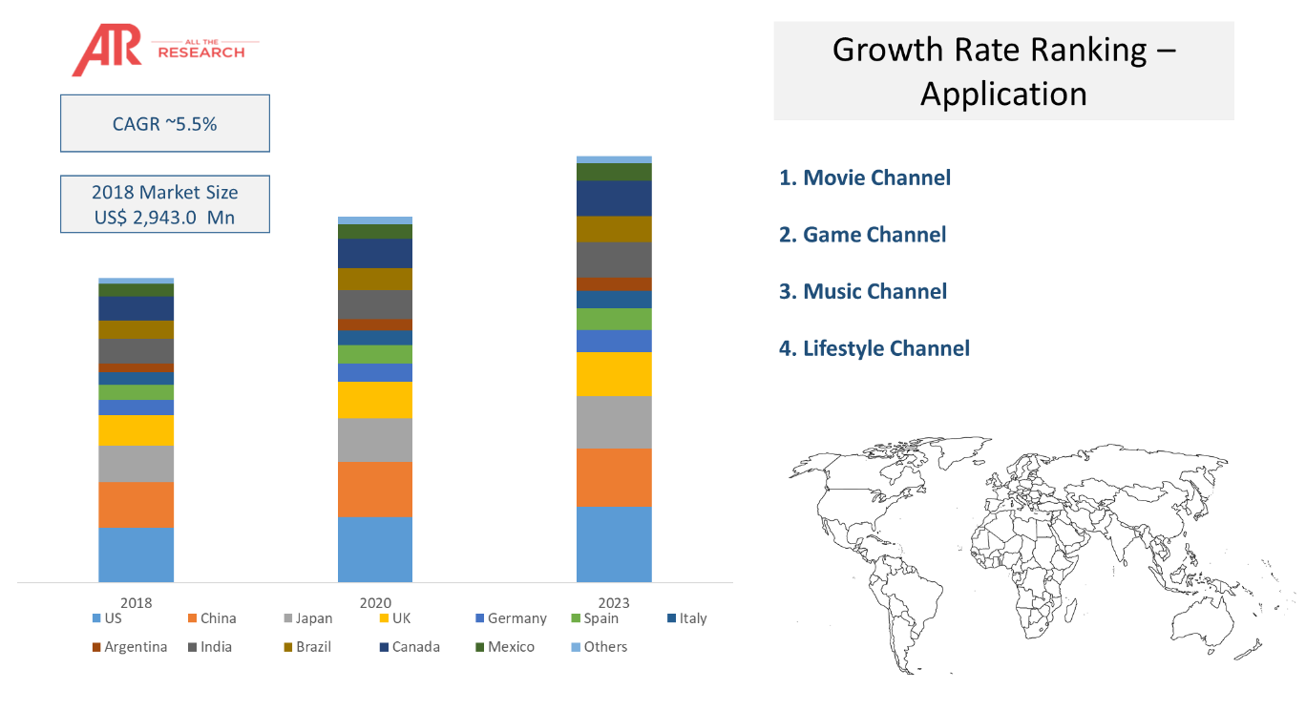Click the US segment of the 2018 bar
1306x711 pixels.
tap(137, 554)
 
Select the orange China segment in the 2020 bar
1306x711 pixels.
tap(375, 490)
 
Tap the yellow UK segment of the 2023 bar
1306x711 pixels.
tap(613, 374)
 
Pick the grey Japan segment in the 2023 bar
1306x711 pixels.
tap(613, 422)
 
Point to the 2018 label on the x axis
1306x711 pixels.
tap(137, 603)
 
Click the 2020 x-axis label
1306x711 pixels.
tap(375, 603)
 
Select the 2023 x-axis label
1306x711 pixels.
tap(613, 603)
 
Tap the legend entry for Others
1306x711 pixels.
tap(599, 647)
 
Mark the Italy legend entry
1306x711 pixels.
tap(686, 618)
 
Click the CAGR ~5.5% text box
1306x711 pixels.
tap(164, 123)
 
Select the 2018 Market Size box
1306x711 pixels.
tap(164, 204)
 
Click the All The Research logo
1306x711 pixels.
tap(162, 50)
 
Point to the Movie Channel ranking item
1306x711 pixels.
tap(865, 178)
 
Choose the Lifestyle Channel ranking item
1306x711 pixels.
tap(874, 348)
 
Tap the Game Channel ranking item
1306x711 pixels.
tap(863, 235)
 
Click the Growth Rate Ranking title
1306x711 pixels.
tap(1003, 71)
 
